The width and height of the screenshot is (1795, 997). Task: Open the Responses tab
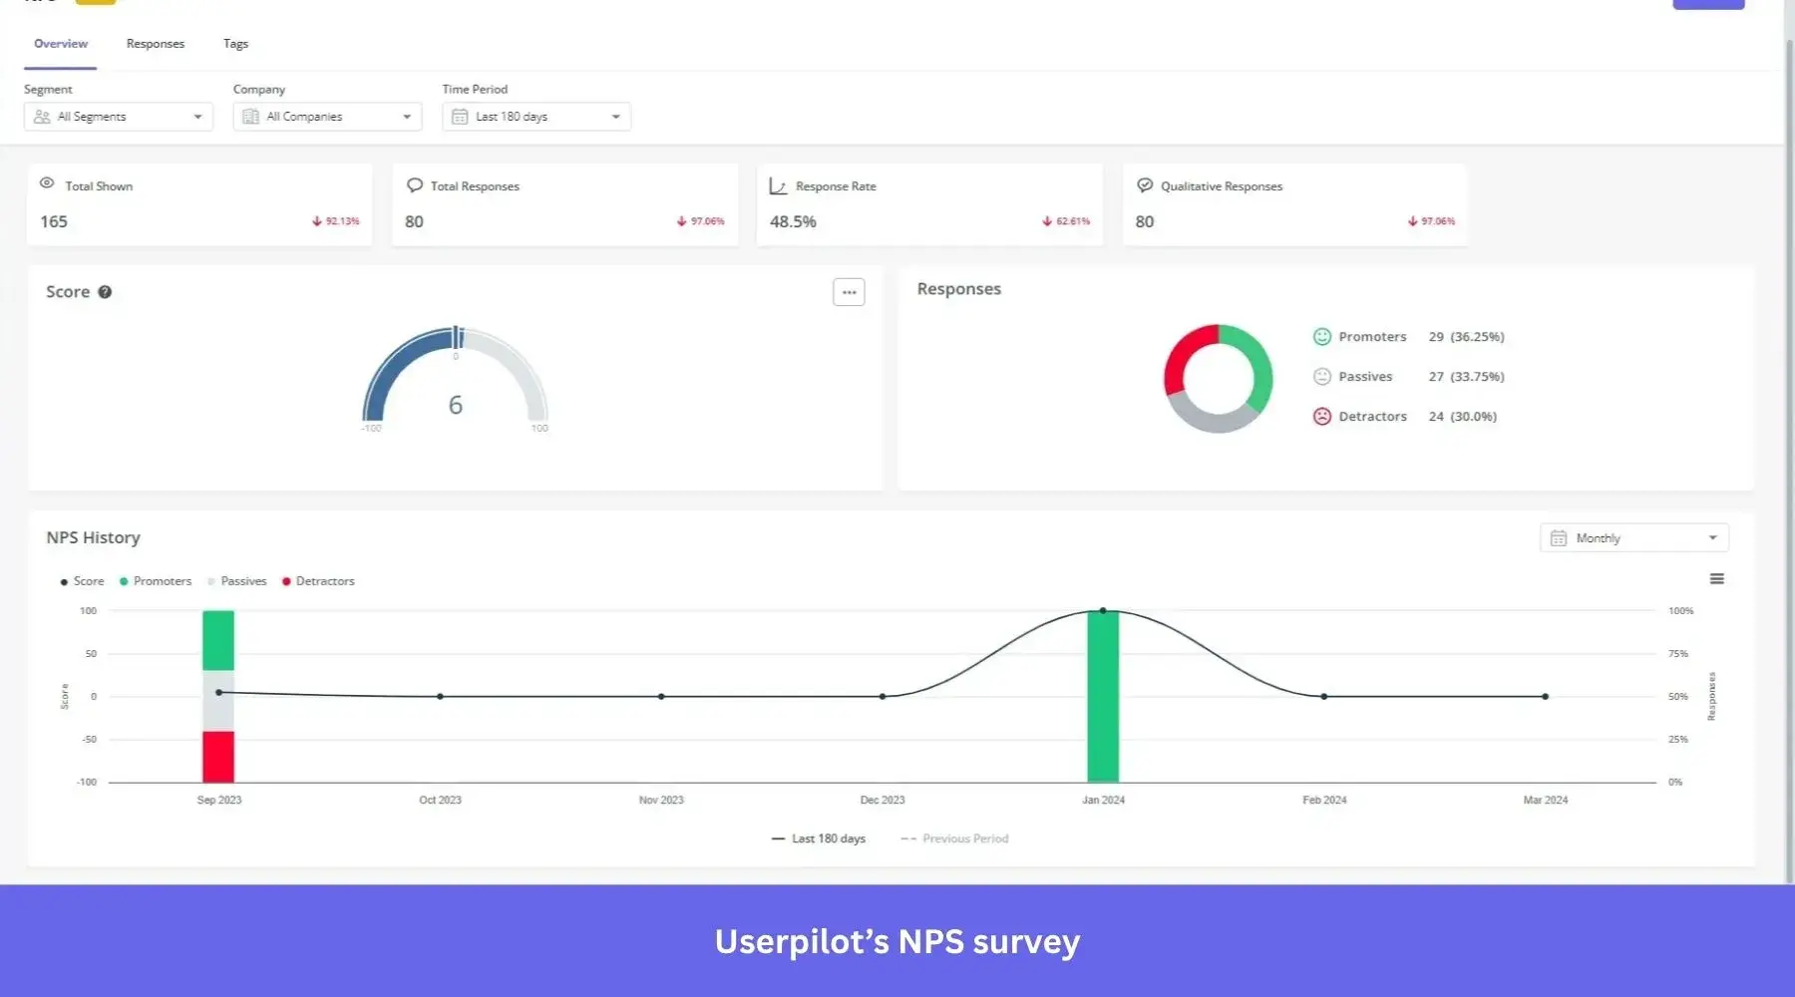click(x=155, y=44)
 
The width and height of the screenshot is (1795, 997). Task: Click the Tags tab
click(x=235, y=44)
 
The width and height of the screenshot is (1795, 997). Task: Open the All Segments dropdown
click(x=118, y=117)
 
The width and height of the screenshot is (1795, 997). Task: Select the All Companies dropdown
click(x=327, y=117)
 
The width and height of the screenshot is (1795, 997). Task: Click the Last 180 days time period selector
click(x=536, y=117)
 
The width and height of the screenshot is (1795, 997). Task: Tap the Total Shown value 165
click(x=54, y=221)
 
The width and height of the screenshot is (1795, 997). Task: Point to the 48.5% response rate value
click(x=793, y=221)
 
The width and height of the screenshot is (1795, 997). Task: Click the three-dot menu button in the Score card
click(x=849, y=292)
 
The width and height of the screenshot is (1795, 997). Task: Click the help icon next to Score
click(x=105, y=292)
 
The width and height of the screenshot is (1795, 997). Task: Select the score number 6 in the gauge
click(x=455, y=405)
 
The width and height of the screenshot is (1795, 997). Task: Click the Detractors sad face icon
click(x=1321, y=417)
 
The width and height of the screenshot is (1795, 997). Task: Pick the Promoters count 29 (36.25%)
click(x=1465, y=337)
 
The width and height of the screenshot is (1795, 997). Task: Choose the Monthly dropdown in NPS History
click(x=1633, y=538)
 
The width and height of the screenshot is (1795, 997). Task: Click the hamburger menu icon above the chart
click(x=1716, y=579)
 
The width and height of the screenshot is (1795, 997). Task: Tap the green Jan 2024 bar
click(x=1102, y=698)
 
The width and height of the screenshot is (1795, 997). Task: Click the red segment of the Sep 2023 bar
click(x=218, y=757)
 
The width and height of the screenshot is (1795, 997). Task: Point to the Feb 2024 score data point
click(x=1323, y=697)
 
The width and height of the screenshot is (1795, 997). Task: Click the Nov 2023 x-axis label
click(x=661, y=800)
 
